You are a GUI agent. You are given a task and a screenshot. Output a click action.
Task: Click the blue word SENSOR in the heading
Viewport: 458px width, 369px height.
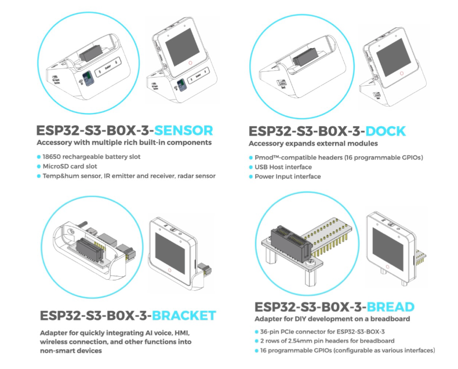[181, 130]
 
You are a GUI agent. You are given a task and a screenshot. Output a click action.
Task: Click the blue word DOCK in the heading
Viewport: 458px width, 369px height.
[377, 131]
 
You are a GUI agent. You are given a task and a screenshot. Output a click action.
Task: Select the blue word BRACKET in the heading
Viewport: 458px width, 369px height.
[184, 316]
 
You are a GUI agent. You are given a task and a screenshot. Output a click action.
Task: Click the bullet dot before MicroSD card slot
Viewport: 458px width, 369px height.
[39, 166]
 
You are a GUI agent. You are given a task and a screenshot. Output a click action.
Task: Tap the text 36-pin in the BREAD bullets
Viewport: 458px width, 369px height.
[267, 332]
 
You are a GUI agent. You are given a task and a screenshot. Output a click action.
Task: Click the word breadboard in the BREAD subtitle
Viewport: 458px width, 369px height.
[390, 319]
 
